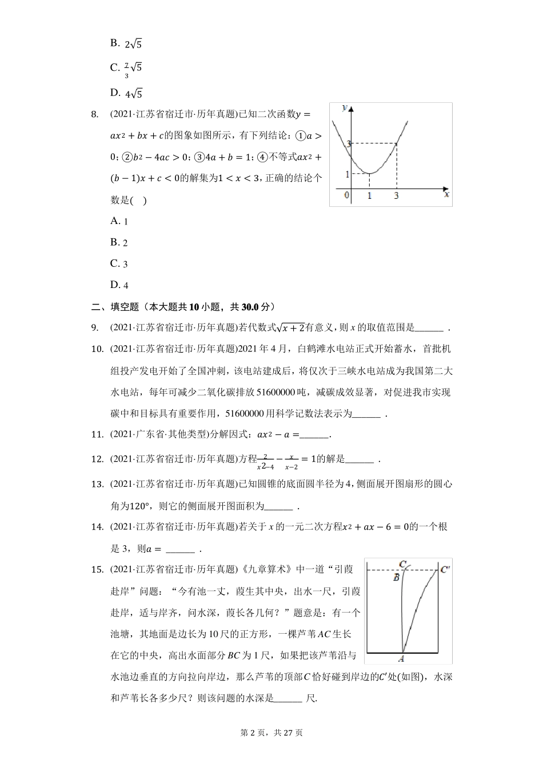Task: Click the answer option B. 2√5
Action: point(126,43)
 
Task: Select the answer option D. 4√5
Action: point(126,94)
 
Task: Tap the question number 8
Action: point(95,114)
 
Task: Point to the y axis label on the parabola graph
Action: point(345,107)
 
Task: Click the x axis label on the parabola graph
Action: point(446,195)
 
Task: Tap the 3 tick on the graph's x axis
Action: point(396,196)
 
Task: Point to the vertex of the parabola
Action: point(370,173)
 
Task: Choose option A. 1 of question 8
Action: point(119,222)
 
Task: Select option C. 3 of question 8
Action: point(119,264)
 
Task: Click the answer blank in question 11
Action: point(314,435)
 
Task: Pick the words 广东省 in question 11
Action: point(148,435)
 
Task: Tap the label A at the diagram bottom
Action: point(402,658)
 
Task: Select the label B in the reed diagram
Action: point(396,578)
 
